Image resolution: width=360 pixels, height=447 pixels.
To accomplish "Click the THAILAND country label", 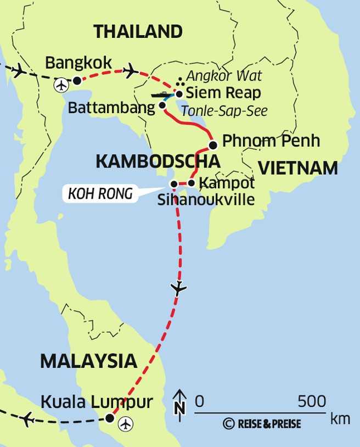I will click(x=138, y=31).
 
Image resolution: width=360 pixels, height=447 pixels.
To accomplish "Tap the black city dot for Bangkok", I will click(x=77, y=81).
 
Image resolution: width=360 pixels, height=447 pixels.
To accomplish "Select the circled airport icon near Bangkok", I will click(x=61, y=85).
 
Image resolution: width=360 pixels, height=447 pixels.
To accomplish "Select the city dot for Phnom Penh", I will click(x=213, y=145).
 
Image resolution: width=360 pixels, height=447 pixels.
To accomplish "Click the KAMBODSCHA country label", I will click(x=158, y=161).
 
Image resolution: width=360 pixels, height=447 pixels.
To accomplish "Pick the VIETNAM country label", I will click(x=298, y=168).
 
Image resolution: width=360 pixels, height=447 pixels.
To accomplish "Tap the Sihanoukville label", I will click(x=206, y=199).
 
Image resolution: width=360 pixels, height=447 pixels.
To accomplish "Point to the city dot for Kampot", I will click(x=191, y=183).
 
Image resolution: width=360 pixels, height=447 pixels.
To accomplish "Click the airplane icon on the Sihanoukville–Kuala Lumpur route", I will click(x=179, y=288).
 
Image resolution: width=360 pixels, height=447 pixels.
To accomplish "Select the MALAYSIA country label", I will click(x=88, y=361).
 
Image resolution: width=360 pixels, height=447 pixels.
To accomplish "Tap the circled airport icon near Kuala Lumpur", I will click(x=127, y=423).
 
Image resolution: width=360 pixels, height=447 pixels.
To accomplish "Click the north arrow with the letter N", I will click(x=180, y=402).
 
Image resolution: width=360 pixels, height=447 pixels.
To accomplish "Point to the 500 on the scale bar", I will click(x=312, y=401).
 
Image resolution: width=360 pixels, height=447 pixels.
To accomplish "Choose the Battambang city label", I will click(x=111, y=108).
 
